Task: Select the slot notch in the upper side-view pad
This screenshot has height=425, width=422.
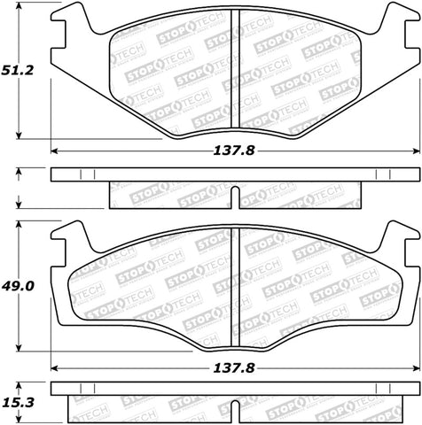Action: click(232, 196)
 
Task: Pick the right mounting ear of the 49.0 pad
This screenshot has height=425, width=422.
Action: click(396, 237)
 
